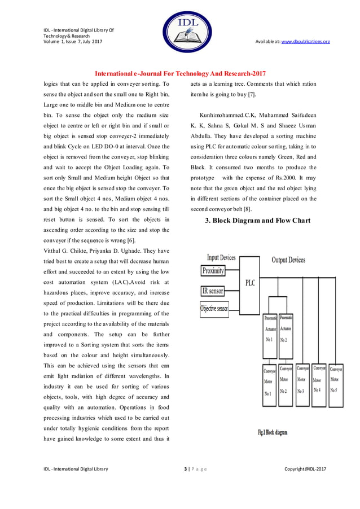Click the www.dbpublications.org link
coord(305,42)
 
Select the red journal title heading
coord(179,74)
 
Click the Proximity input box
coord(213,271)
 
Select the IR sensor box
coord(213,291)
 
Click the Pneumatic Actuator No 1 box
coord(269,329)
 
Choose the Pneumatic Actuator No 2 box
coord(286,329)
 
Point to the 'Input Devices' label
coord(221,258)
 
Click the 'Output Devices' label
coord(288,260)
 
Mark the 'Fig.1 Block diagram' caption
coord(273,432)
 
